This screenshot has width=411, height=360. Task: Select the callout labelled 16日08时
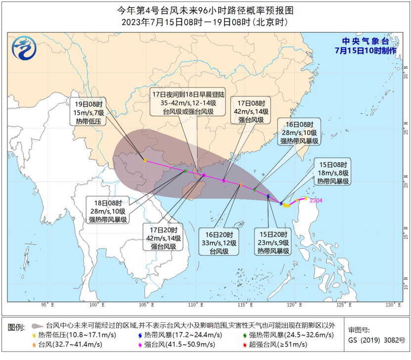300,132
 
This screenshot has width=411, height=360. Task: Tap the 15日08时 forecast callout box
333,173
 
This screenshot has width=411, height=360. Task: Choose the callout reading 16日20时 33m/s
220,242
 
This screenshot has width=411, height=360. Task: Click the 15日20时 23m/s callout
273,242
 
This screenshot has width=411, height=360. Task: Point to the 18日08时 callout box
108,210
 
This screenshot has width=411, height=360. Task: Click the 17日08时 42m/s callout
251,111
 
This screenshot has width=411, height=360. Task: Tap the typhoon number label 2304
316,200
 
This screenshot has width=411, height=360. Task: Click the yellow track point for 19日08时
144,160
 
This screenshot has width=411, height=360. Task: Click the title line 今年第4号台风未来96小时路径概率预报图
205,9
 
